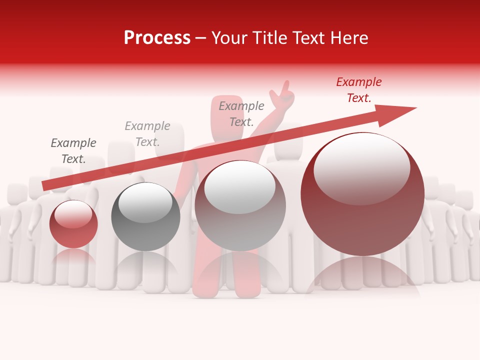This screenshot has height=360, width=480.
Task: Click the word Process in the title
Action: pyautogui.click(x=157, y=38)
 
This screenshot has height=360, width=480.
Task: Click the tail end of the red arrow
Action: pyautogui.click(x=45, y=185)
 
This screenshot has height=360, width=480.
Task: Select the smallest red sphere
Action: pyautogui.click(x=73, y=224)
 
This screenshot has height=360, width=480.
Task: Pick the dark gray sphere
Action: pyautogui.click(x=145, y=216)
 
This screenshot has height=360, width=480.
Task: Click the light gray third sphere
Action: pyautogui.click(x=240, y=205)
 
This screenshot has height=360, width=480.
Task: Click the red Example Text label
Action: pyautogui.click(x=358, y=90)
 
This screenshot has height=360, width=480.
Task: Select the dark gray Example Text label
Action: pyautogui.click(x=73, y=151)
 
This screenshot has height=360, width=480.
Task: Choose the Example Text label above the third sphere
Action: pyautogui.click(x=241, y=114)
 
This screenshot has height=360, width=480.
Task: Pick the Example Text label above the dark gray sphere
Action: pyautogui.click(x=147, y=134)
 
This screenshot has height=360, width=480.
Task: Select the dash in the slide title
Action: pyautogui.click(x=201, y=38)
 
